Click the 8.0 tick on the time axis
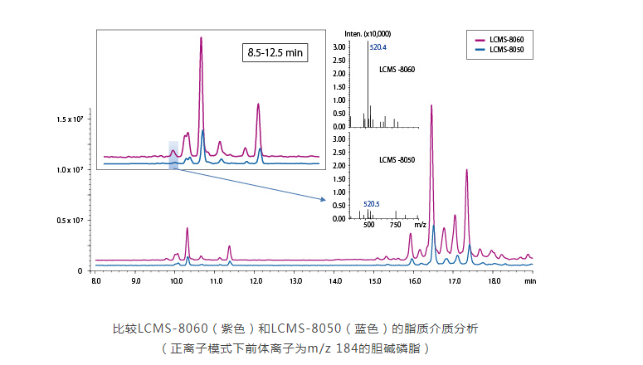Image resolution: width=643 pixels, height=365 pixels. (96, 282)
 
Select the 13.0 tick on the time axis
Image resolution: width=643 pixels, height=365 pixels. (295, 282)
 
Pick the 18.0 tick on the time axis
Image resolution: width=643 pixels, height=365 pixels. (494, 282)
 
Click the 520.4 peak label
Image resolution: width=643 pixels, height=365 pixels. (378, 47)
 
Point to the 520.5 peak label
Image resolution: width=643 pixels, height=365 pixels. (372, 202)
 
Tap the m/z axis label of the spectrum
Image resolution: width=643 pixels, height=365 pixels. (420, 225)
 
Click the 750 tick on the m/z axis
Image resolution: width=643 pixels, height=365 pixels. (396, 225)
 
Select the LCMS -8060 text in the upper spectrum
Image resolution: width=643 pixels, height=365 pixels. (397, 69)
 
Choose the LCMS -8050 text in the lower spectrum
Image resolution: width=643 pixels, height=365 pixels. (397, 158)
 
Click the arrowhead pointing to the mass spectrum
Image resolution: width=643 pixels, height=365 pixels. (322, 199)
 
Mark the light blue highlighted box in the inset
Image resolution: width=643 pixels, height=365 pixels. (173, 154)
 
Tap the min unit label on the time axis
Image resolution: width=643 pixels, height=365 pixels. (529, 282)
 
